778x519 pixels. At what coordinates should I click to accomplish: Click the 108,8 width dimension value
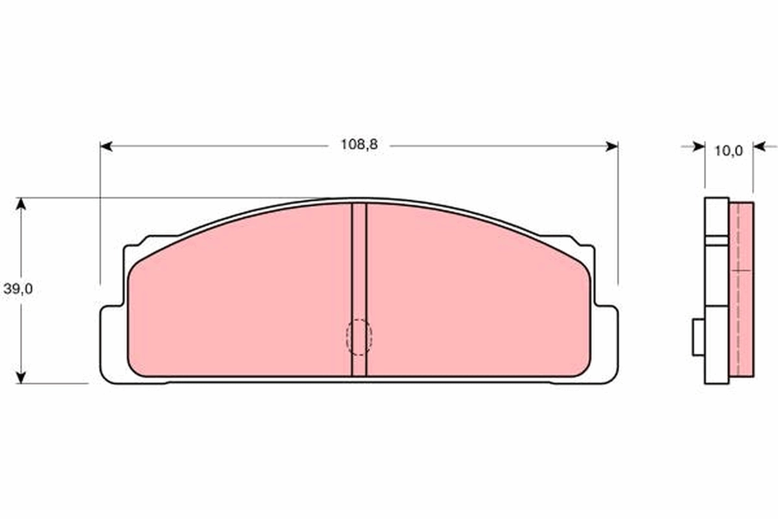tap(359, 145)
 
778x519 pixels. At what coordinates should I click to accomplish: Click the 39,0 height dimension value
tap(18, 289)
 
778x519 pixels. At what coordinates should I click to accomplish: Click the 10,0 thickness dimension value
tap(728, 151)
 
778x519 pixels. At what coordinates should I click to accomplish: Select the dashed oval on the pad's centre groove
tap(359, 337)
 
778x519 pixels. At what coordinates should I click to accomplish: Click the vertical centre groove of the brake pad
tap(359, 272)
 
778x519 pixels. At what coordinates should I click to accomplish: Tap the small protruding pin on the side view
tap(698, 337)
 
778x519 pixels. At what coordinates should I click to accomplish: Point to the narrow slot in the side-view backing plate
tap(716, 240)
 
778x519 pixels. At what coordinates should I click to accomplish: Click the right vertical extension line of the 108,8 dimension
tap(618, 214)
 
